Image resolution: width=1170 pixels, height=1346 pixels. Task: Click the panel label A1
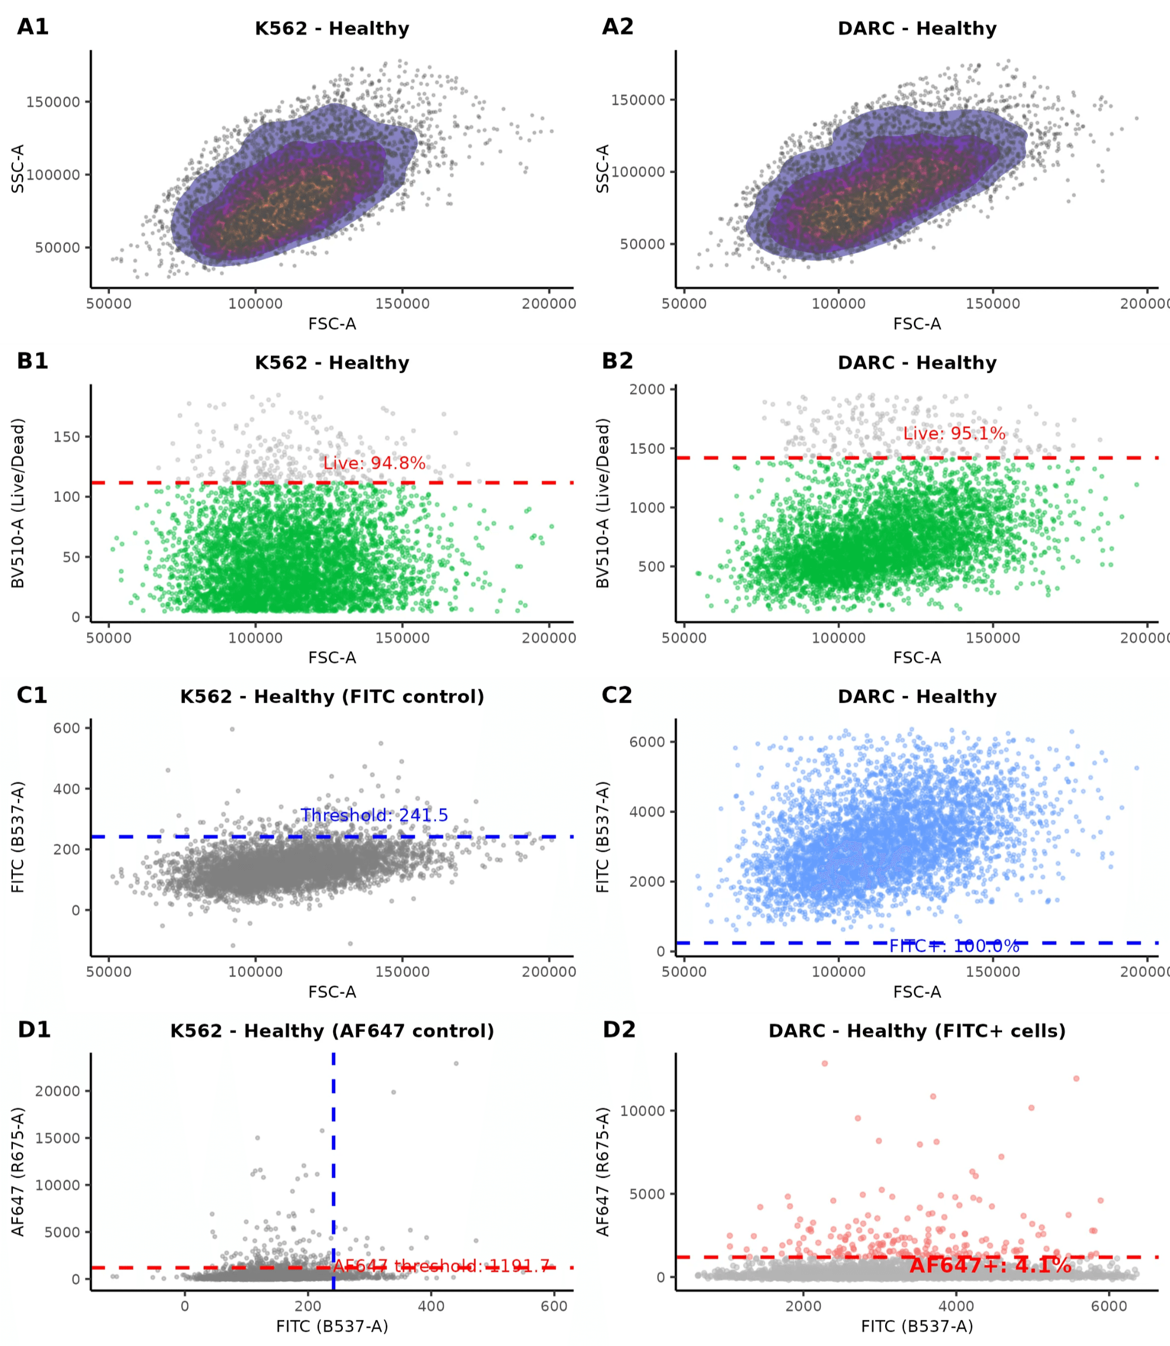[x=33, y=27]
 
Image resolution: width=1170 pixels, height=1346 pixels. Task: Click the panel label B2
[x=617, y=361]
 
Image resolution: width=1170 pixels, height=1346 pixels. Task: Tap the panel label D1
[x=34, y=1030]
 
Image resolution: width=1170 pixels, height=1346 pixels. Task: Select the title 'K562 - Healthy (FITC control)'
[x=332, y=697]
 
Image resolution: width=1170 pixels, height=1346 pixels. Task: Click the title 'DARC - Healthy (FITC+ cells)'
[x=917, y=1031]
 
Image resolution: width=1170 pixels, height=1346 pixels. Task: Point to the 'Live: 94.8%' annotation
[x=374, y=463]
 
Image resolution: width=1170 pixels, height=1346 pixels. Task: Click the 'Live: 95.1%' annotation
[x=954, y=433]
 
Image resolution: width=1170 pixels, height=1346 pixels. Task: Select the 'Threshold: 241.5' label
[x=374, y=815]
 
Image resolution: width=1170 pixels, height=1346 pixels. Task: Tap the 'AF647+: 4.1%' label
[x=990, y=1265]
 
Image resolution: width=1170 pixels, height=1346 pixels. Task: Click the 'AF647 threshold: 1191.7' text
[x=441, y=1266]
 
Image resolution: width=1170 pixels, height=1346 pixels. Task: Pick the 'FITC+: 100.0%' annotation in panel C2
[x=954, y=946]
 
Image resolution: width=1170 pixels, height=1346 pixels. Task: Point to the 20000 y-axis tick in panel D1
[x=57, y=1092]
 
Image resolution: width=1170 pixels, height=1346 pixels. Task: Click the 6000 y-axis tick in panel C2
[x=646, y=742]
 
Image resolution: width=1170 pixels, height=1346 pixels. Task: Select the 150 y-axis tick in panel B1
[x=67, y=437]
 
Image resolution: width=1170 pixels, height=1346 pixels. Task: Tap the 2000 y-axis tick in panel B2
[x=646, y=390]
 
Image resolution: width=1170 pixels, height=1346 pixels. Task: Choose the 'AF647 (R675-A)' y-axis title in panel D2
[x=603, y=1172]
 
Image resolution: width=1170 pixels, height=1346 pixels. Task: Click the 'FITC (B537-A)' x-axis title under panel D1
[x=332, y=1326]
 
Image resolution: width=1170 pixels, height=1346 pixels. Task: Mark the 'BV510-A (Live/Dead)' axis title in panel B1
[x=18, y=503]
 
